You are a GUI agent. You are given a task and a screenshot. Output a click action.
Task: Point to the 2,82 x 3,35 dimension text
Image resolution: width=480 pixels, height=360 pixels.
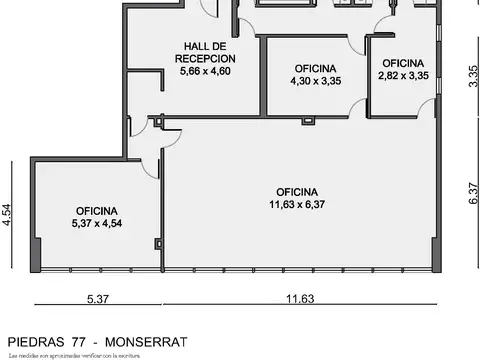click(x=403, y=75)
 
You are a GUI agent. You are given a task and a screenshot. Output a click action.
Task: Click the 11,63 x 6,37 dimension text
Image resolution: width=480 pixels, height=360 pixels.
click(x=297, y=205)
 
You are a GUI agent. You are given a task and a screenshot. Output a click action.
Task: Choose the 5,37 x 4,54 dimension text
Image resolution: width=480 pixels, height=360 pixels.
click(x=97, y=224)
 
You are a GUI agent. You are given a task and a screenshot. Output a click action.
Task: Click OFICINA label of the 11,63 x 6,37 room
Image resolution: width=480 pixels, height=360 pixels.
click(x=297, y=192)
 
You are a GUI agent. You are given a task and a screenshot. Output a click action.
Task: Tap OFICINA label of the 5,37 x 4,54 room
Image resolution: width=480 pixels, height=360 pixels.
click(x=97, y=211)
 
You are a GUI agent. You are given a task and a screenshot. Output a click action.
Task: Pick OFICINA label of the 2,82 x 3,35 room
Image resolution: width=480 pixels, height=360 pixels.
click(x=403, y=62)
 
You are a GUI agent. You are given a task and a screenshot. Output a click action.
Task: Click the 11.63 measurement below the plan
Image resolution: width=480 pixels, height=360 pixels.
click(x=299, y=298)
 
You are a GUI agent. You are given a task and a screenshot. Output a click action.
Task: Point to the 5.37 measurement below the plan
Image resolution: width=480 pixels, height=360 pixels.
click(x=98, y=298)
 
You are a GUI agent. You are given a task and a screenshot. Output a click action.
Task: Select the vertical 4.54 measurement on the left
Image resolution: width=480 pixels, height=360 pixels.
click(x=7, y=216)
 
